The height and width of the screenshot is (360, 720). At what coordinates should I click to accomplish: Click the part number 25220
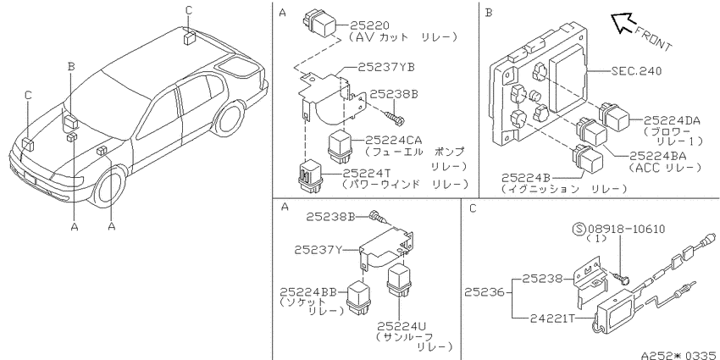[369, 25]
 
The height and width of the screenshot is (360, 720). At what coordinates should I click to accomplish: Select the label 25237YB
[386, 67]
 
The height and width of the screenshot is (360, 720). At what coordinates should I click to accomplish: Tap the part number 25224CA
[394, 140]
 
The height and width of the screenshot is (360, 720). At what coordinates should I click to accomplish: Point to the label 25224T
[367, 173]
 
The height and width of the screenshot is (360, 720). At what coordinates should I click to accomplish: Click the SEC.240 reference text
[636, 70]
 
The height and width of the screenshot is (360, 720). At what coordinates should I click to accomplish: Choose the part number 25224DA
[672, 120]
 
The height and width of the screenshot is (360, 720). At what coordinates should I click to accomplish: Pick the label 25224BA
[658, 156]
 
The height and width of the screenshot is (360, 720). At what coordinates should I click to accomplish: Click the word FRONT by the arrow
[653, 40]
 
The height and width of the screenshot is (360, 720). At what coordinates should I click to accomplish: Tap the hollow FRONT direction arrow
[623, 22]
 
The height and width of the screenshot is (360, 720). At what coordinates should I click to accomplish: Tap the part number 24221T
[552, 318]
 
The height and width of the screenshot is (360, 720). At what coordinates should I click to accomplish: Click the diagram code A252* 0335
[680, 355]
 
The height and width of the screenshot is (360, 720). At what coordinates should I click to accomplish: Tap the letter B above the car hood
[70, 66]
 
